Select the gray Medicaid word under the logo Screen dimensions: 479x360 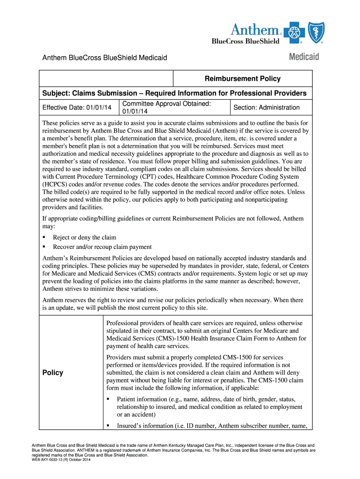304,57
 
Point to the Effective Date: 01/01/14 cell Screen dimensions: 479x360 77,108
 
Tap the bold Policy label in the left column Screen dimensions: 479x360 52,372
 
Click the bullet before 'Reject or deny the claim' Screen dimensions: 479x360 44,237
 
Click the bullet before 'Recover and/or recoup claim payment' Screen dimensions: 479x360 44,247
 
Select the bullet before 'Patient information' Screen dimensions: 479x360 108,399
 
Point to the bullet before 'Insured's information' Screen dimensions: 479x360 108,426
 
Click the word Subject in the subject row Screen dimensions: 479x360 57,93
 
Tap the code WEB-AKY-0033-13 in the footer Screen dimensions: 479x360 49,460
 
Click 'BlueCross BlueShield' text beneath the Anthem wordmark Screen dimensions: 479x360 245,41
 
